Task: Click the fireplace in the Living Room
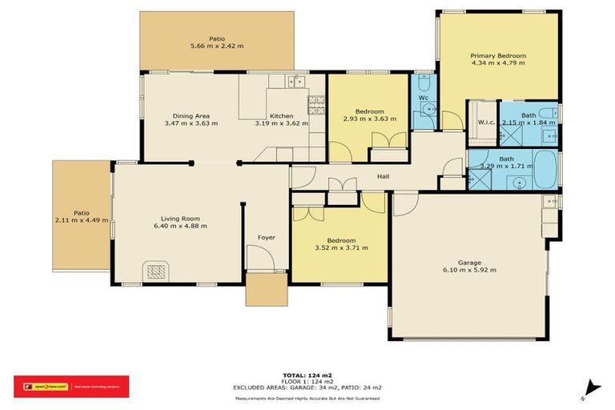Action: pos(155,272)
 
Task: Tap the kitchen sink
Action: pos(295,81)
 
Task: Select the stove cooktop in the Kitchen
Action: pos(316,102)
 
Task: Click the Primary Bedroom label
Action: pos(499,55)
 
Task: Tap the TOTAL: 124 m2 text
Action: pos(307,375)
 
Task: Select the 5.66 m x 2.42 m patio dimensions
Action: pos(216,46)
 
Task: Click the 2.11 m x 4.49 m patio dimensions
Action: pos(80,220)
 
